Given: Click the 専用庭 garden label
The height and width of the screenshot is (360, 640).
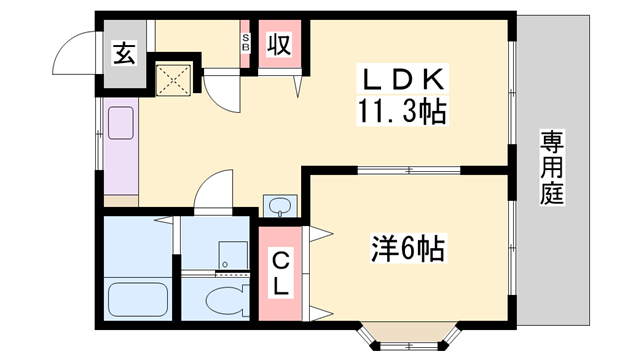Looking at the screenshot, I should coord(552,168).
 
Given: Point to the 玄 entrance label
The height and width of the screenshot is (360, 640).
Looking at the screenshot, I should coord(122,53).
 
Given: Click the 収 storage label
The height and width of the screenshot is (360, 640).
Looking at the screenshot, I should coord(279,45).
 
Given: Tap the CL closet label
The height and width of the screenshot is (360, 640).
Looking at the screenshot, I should coord(281,271).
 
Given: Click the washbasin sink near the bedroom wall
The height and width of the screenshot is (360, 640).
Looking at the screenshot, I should coord(279,207).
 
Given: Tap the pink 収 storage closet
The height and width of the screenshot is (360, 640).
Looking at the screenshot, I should coord(280,46).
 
